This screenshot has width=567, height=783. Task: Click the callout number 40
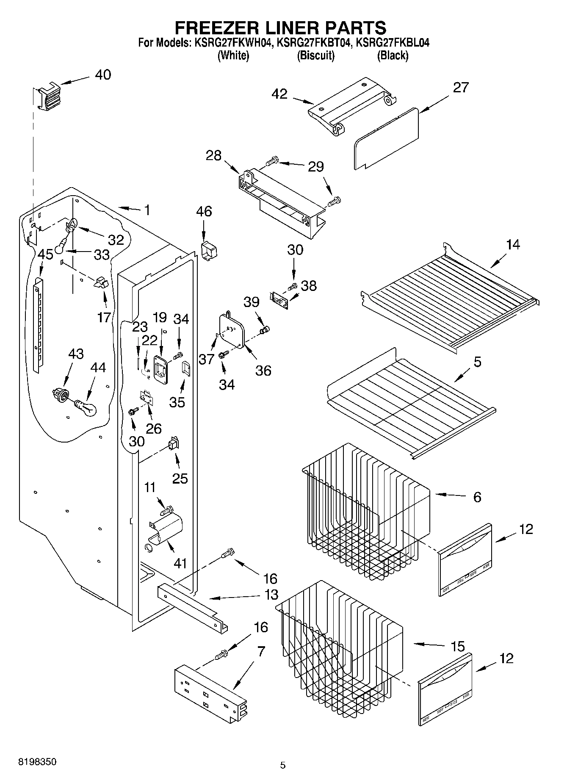(103, 75)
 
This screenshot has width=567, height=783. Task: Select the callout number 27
(461, 88)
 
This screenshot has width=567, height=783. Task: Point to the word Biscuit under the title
(316, 55)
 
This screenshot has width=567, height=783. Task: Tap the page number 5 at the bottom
(283, 765)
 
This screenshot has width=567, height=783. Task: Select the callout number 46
(204, 211)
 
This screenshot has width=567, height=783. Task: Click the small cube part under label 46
(209, 251)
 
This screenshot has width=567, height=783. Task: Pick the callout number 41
(180, 563)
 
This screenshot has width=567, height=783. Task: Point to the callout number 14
(513, 244)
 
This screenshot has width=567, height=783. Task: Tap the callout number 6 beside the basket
(477, 497)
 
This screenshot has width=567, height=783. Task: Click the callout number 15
(458, 646)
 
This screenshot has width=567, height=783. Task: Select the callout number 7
(261, 651)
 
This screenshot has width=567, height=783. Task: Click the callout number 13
(271, 595)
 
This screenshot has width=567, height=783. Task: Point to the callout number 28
(213, 156)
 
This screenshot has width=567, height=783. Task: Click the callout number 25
(180, 478)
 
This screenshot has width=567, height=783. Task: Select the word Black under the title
(393, 55)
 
